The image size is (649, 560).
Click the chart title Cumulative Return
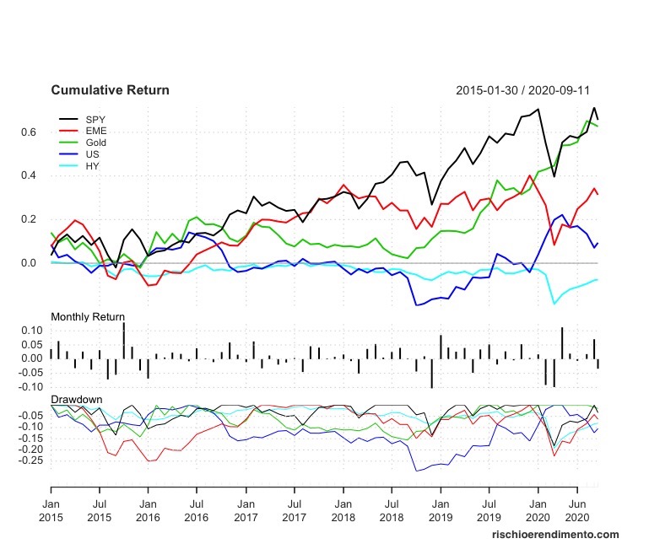coord(110,90)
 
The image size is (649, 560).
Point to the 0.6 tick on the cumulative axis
coord(30,132)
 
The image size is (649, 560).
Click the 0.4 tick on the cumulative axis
coord(30,176)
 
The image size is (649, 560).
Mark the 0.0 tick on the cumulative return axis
coord(30,264)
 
